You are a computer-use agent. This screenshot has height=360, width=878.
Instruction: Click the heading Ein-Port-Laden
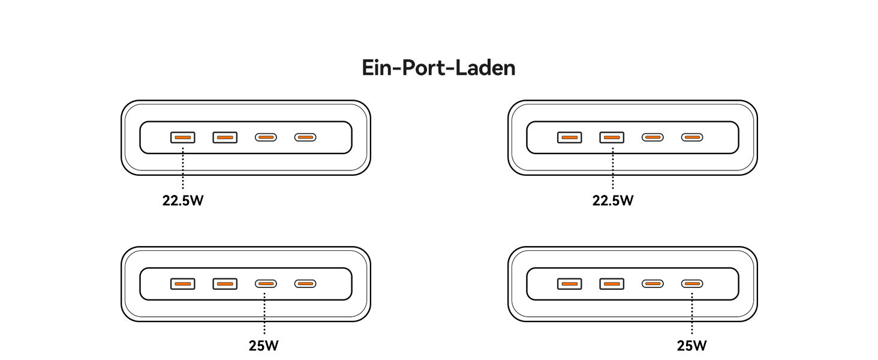point(438,68)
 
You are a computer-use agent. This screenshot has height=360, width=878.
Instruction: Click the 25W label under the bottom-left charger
point(264,346)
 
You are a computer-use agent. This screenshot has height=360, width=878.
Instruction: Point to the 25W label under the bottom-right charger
point(691,346)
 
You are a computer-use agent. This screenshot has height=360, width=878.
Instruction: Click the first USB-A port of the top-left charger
point(182,137)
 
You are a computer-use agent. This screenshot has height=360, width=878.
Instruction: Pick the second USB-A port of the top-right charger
point(612,137)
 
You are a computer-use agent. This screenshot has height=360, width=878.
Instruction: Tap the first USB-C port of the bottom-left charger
point(266,284)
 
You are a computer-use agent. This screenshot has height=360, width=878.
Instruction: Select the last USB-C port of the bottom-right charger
point(692,284)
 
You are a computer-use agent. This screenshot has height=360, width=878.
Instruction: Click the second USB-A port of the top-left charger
point(225,137)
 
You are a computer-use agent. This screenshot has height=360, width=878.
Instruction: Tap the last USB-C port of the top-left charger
point(305,137)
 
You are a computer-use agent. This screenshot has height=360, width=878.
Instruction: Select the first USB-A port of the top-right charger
point(569,137)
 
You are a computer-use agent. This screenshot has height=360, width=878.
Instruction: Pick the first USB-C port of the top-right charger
point(653,137)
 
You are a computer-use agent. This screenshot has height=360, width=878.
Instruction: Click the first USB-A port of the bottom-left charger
point(182,284)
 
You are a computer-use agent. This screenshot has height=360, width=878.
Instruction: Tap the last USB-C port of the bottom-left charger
point(305,284)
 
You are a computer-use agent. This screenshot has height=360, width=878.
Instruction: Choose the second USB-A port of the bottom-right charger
point(612,284)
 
